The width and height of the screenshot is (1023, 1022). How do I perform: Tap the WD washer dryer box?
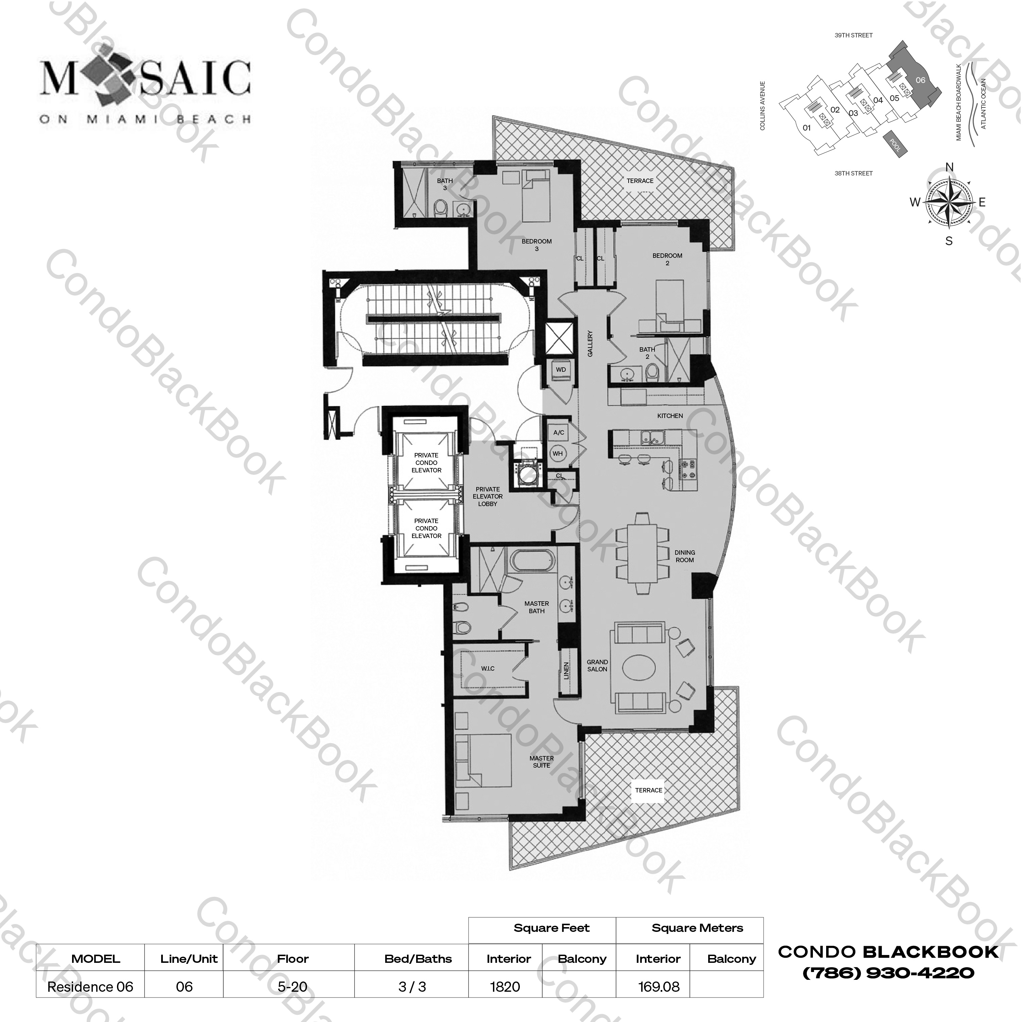pyautogui.click(x=561, y=370)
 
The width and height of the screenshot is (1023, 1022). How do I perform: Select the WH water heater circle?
pyautogui.click(x=558, y=453)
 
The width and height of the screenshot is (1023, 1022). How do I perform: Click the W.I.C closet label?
pyautogui.click(x=488, y=669)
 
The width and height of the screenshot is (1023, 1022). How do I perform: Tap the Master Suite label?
pyautogui.click(x=541, y=762)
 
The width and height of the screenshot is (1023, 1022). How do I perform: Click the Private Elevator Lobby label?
pyautogui.click(x=488, y=497)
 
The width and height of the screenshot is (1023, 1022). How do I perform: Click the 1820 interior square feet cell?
pyautogui.click(x=505, y=987)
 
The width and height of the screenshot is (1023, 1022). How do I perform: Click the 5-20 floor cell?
pyautogui.click(x=292, y=987)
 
